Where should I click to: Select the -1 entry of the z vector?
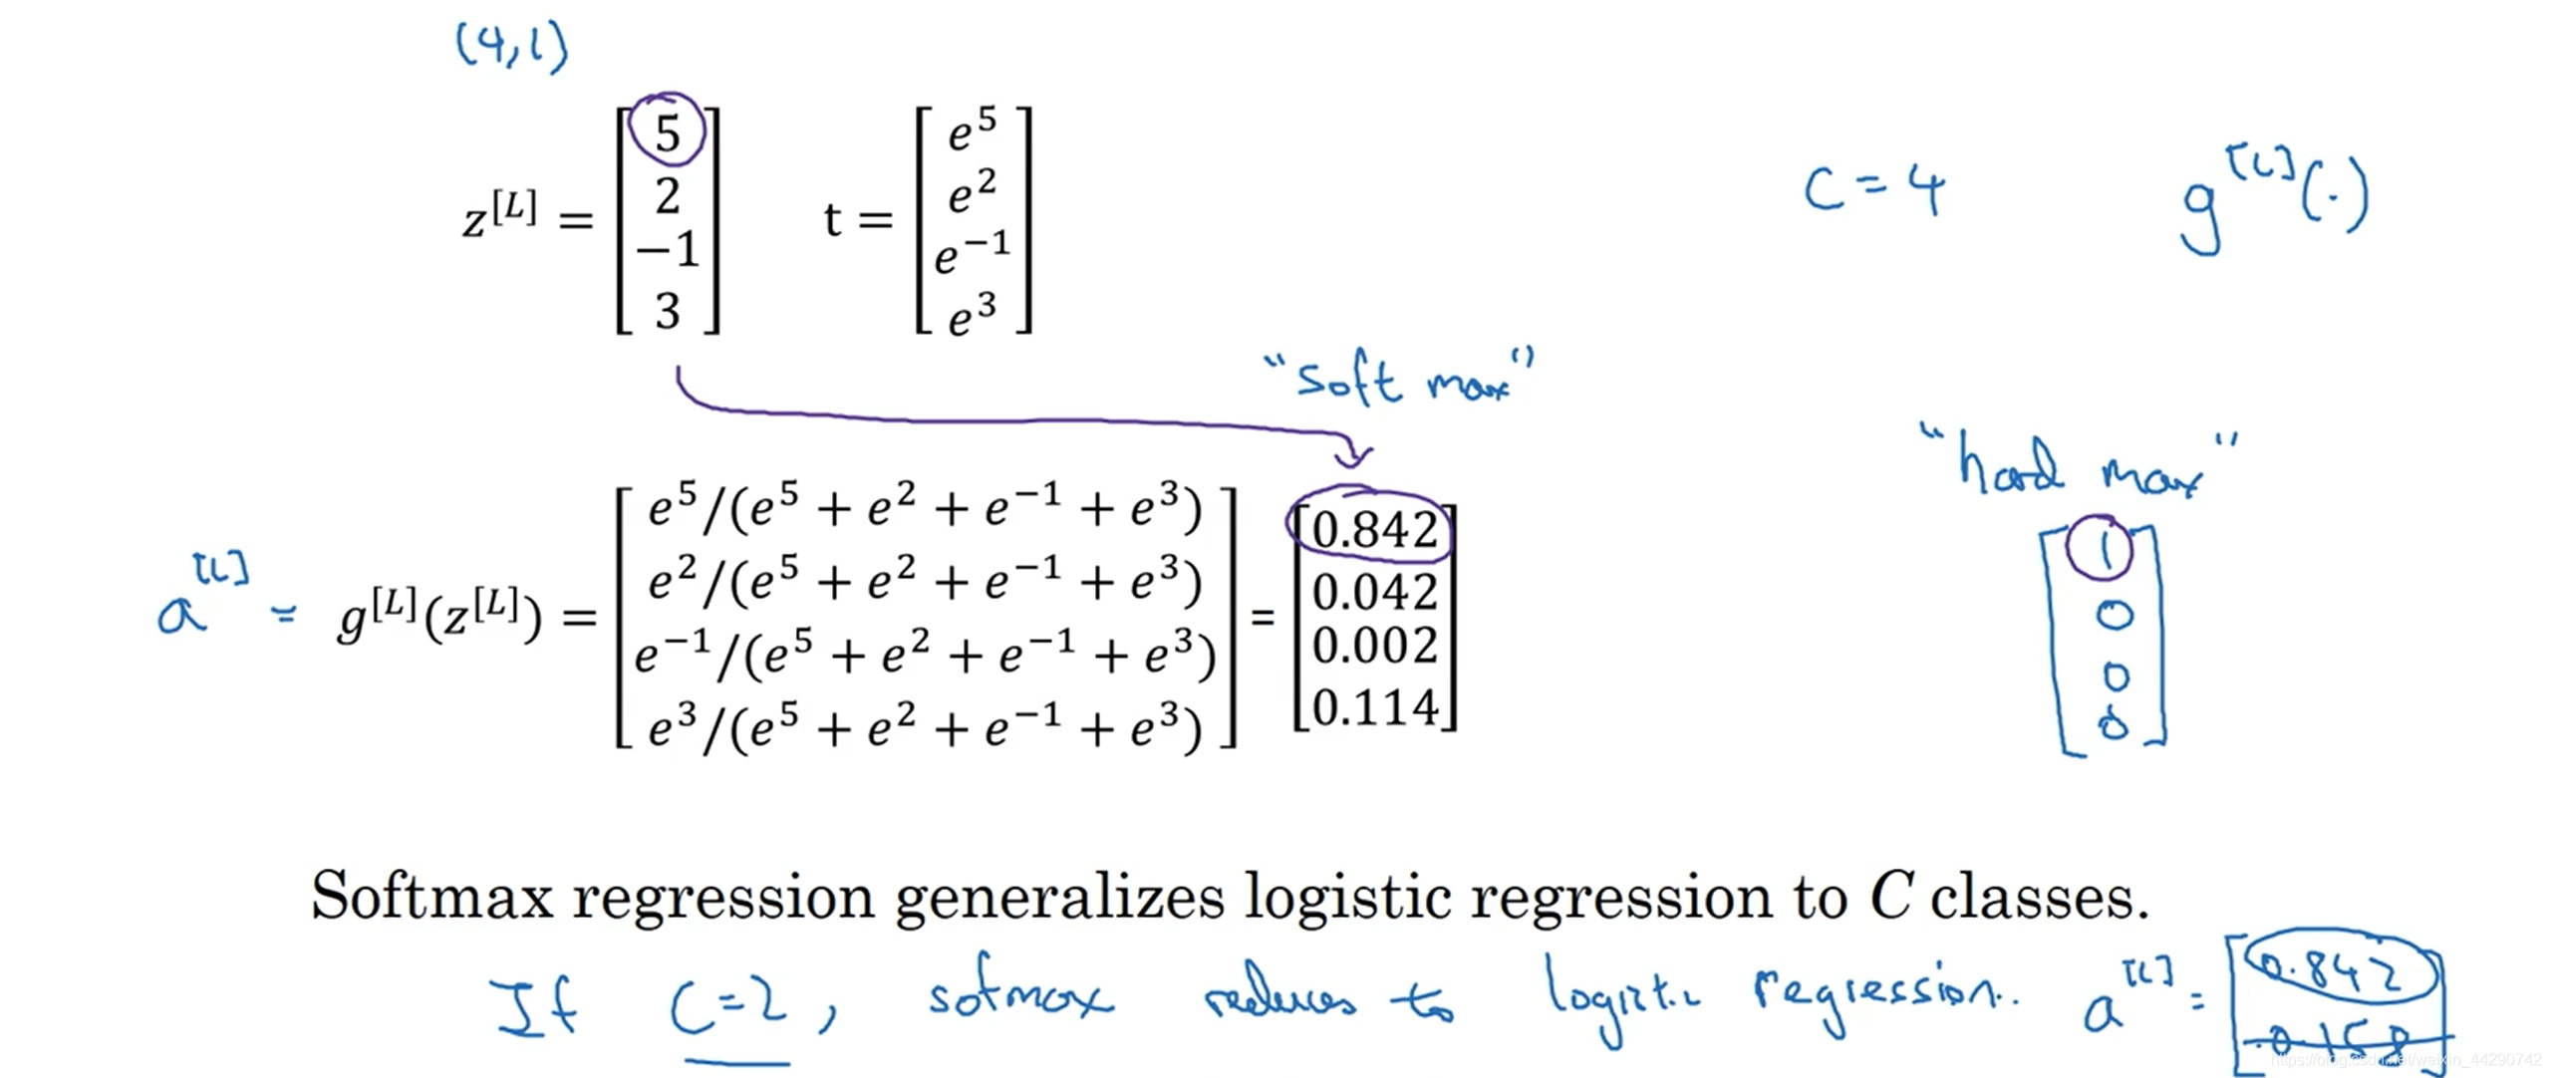point(669,249)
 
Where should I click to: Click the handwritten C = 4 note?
point(1873,188)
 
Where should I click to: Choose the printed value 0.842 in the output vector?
point(1374,529)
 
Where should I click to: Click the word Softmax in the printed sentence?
point(430,896)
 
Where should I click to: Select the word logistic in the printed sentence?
point(1349,898)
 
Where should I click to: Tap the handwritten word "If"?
point(536,1006)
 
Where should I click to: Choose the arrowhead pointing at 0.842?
point(1352,457)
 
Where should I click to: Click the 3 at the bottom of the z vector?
point(668,311)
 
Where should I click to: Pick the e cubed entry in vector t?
point(972,315)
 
